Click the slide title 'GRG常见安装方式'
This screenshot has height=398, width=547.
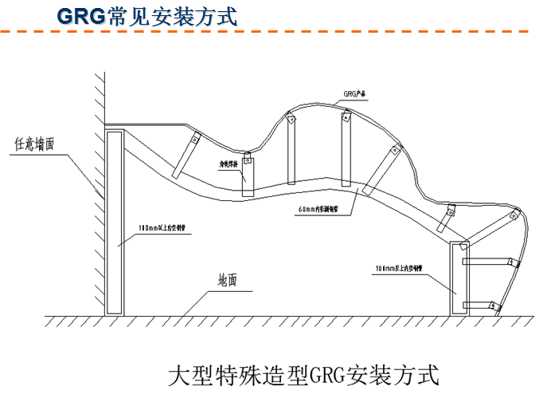pyautogui.click(x=148, y=16)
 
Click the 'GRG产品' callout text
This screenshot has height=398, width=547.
pyautogui.click(x=354, y=94)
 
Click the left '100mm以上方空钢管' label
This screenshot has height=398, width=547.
pyautogui.click(x=162, y=227)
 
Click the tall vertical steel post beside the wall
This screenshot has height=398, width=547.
pyautogui.click(x=114, y=223)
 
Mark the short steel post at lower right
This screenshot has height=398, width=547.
pyautogui.click(x=457, y=279)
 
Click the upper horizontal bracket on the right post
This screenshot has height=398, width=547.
pyautogui.click(x=487, y=261)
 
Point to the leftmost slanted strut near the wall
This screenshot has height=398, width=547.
pyautogui.click(x=186, y=156)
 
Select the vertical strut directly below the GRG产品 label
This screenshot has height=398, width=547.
pyautogui.click(x=346, y=149)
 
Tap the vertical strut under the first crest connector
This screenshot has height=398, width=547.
pyautogui.click(x=291, y=152)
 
